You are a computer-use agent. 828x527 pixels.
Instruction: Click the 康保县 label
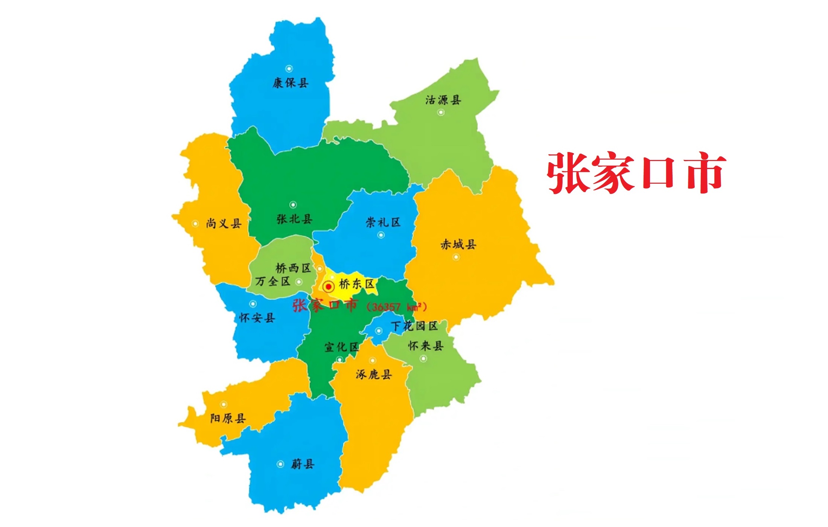pos(291,83)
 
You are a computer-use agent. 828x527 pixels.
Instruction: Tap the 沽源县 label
pos(443,100)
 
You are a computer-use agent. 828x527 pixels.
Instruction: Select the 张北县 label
pos(294,219)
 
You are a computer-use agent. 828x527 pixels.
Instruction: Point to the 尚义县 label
pos(224,224)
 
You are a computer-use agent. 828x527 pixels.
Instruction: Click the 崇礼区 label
pos(383,222)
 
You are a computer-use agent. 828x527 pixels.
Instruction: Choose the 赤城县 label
pos(458,245)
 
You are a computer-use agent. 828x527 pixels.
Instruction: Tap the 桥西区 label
pos(293,268)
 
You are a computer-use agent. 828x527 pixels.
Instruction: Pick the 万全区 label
pos(272,281)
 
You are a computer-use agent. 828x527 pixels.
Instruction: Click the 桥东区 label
pos(356,284)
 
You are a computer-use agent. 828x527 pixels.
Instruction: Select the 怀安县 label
pos(257,318)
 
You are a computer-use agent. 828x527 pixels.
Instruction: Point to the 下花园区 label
pos(414,326)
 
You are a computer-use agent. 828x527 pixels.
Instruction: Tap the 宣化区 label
pos(341,347)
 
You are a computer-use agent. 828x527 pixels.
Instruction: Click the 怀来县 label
pos(426,346)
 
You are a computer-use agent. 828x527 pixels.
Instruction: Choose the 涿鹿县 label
pos(374,374)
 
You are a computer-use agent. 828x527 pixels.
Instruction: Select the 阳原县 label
pos(228,418)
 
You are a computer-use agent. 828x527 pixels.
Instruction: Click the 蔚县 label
pos(303,464)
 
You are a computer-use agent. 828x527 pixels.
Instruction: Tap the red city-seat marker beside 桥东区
pos(329,287)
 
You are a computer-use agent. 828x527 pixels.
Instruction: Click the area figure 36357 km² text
pos(397,307)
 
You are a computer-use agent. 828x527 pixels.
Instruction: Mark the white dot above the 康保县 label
pos(289,69)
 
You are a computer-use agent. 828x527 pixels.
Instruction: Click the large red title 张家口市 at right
pos(636,173)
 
